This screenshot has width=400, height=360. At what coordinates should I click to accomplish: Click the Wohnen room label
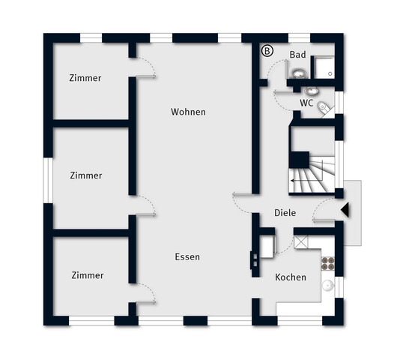point(188,112)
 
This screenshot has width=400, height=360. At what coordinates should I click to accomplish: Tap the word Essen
point(187,256)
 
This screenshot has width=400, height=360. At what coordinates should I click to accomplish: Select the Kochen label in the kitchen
point(291,277)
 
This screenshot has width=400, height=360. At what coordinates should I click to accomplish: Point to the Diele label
point(285,212)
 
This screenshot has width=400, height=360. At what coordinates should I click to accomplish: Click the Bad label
point(297,55)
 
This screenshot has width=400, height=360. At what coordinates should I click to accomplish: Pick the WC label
point(306,103)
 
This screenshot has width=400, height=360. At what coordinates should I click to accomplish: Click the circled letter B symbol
point(267,51)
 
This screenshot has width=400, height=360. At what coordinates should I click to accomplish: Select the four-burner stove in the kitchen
point(328,262)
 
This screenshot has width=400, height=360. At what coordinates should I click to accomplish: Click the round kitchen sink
point(327,285)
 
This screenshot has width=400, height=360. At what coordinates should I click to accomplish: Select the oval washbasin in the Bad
point(299,73)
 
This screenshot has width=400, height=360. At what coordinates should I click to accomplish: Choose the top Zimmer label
point(85,78)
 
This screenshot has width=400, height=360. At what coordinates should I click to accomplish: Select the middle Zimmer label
point(85,175)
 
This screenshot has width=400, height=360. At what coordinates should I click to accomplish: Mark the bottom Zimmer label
point(88,275)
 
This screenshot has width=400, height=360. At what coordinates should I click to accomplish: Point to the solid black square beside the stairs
point(300,160)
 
